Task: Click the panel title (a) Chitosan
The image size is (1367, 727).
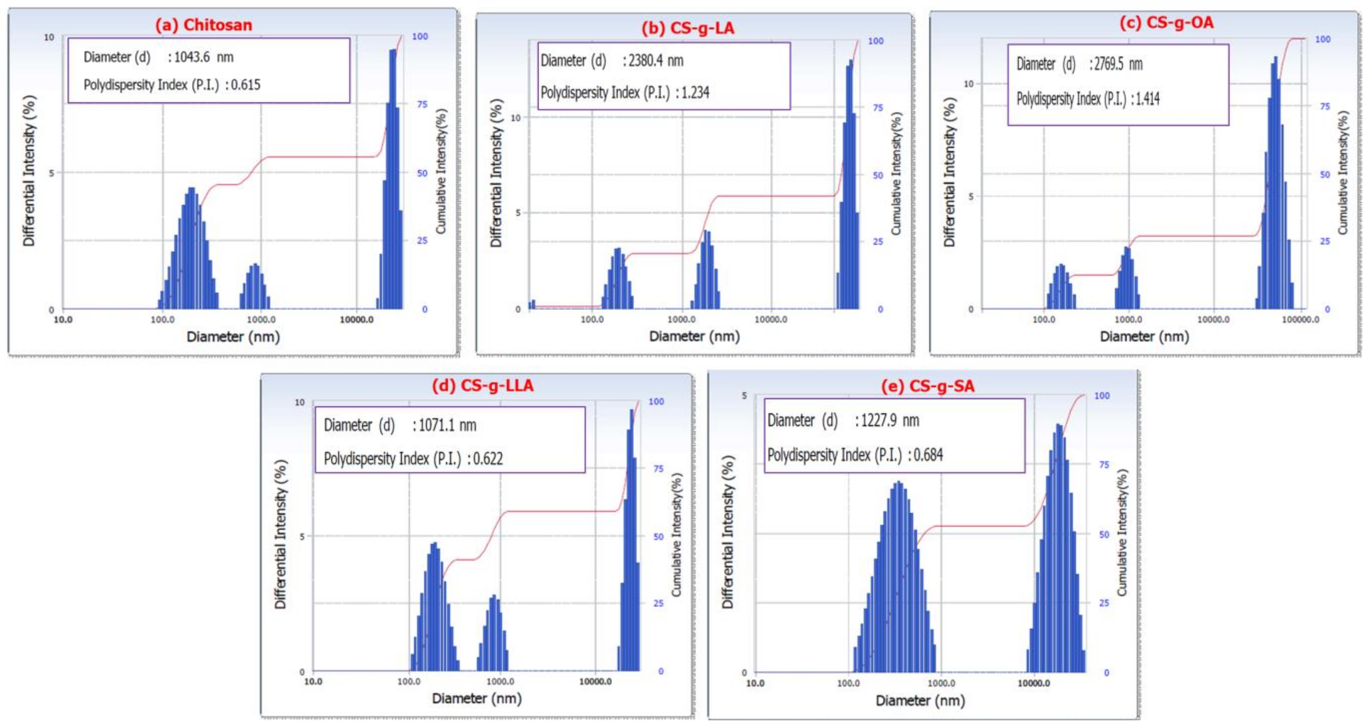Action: pos(203,25)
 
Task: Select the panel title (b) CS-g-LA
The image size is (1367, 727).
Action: pos(688,28)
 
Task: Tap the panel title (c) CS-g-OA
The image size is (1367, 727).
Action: pos(1166,23)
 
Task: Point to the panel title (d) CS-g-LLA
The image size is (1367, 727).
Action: pos(482,385)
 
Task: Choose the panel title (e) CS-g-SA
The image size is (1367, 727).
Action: pos(928,386)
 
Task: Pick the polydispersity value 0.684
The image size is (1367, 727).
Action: pos(928,455)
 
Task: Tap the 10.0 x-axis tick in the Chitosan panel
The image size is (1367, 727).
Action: pos(63,320)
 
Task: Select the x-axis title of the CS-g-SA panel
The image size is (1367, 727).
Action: pos(920,700)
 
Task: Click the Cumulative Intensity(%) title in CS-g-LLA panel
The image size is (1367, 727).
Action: pos(676,535)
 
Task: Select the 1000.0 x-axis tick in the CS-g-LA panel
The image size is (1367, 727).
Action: pos(681,320)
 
